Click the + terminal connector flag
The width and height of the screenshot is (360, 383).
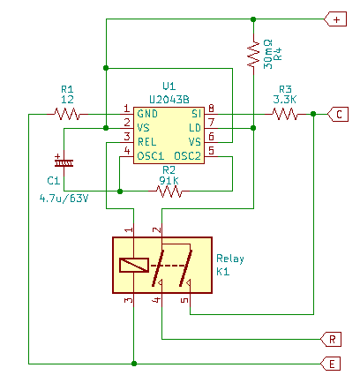[335, 19]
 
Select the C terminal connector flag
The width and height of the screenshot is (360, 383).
[338, 114]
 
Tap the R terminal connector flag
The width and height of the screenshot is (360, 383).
[331, 339]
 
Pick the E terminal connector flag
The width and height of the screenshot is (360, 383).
[331, 364]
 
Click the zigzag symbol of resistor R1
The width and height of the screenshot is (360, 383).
[67, 114]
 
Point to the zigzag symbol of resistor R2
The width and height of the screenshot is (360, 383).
[169, 191]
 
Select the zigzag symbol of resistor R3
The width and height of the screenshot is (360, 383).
[285, 114]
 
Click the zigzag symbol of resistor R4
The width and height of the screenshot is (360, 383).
[253, 55]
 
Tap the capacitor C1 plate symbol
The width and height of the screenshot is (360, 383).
[64, 162]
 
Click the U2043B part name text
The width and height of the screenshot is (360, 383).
[169, 100]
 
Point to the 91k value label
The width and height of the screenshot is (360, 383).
[169, 180]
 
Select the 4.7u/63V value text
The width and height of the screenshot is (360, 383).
[64, 199]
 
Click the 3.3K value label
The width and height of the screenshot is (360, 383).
[284, 100]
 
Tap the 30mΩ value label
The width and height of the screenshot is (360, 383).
[268, 55]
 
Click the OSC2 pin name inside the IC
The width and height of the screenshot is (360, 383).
[187, 156]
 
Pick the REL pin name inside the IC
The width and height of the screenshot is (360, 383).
[146, 142]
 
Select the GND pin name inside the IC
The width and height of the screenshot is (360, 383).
[147, 114]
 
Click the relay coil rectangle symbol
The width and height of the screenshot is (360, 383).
[134, 265]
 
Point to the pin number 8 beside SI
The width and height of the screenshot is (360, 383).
[211, 109]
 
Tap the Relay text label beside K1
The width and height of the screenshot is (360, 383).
[230, 259]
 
